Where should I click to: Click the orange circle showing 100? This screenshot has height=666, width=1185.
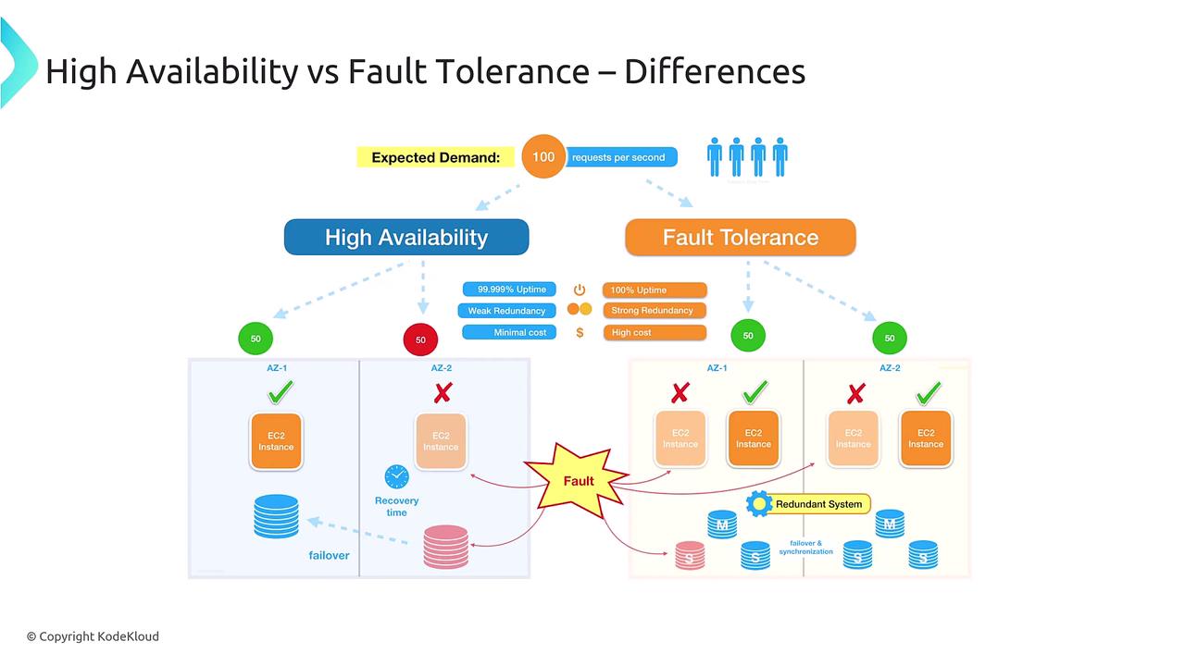coord(543,157)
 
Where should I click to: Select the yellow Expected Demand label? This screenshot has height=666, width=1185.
coord(435,157)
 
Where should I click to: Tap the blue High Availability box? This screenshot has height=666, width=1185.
coord(405,237)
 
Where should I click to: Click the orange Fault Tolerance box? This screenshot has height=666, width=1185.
coord(740,237)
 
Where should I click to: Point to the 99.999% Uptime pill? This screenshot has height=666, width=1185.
coord(510,290)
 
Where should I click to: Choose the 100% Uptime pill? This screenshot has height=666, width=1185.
coord(654,290)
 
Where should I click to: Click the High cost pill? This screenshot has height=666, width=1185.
coord(654,332)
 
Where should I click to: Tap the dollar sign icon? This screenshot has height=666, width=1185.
coord(580,332)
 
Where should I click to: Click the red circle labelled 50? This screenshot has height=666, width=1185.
coord(420,339)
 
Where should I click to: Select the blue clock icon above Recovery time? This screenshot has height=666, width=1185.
coord(396,476)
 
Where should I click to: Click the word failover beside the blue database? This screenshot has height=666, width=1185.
coord(329,555)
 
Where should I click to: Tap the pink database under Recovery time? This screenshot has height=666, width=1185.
coord(446,546)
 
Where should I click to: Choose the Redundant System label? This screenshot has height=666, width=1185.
coord(808,504)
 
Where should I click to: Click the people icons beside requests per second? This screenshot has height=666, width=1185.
coord(747,157)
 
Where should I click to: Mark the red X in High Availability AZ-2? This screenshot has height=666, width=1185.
coord(443,393)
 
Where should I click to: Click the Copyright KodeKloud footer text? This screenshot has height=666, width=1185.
coord(93,636)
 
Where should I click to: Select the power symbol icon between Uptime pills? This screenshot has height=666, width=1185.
coord(580,290)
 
